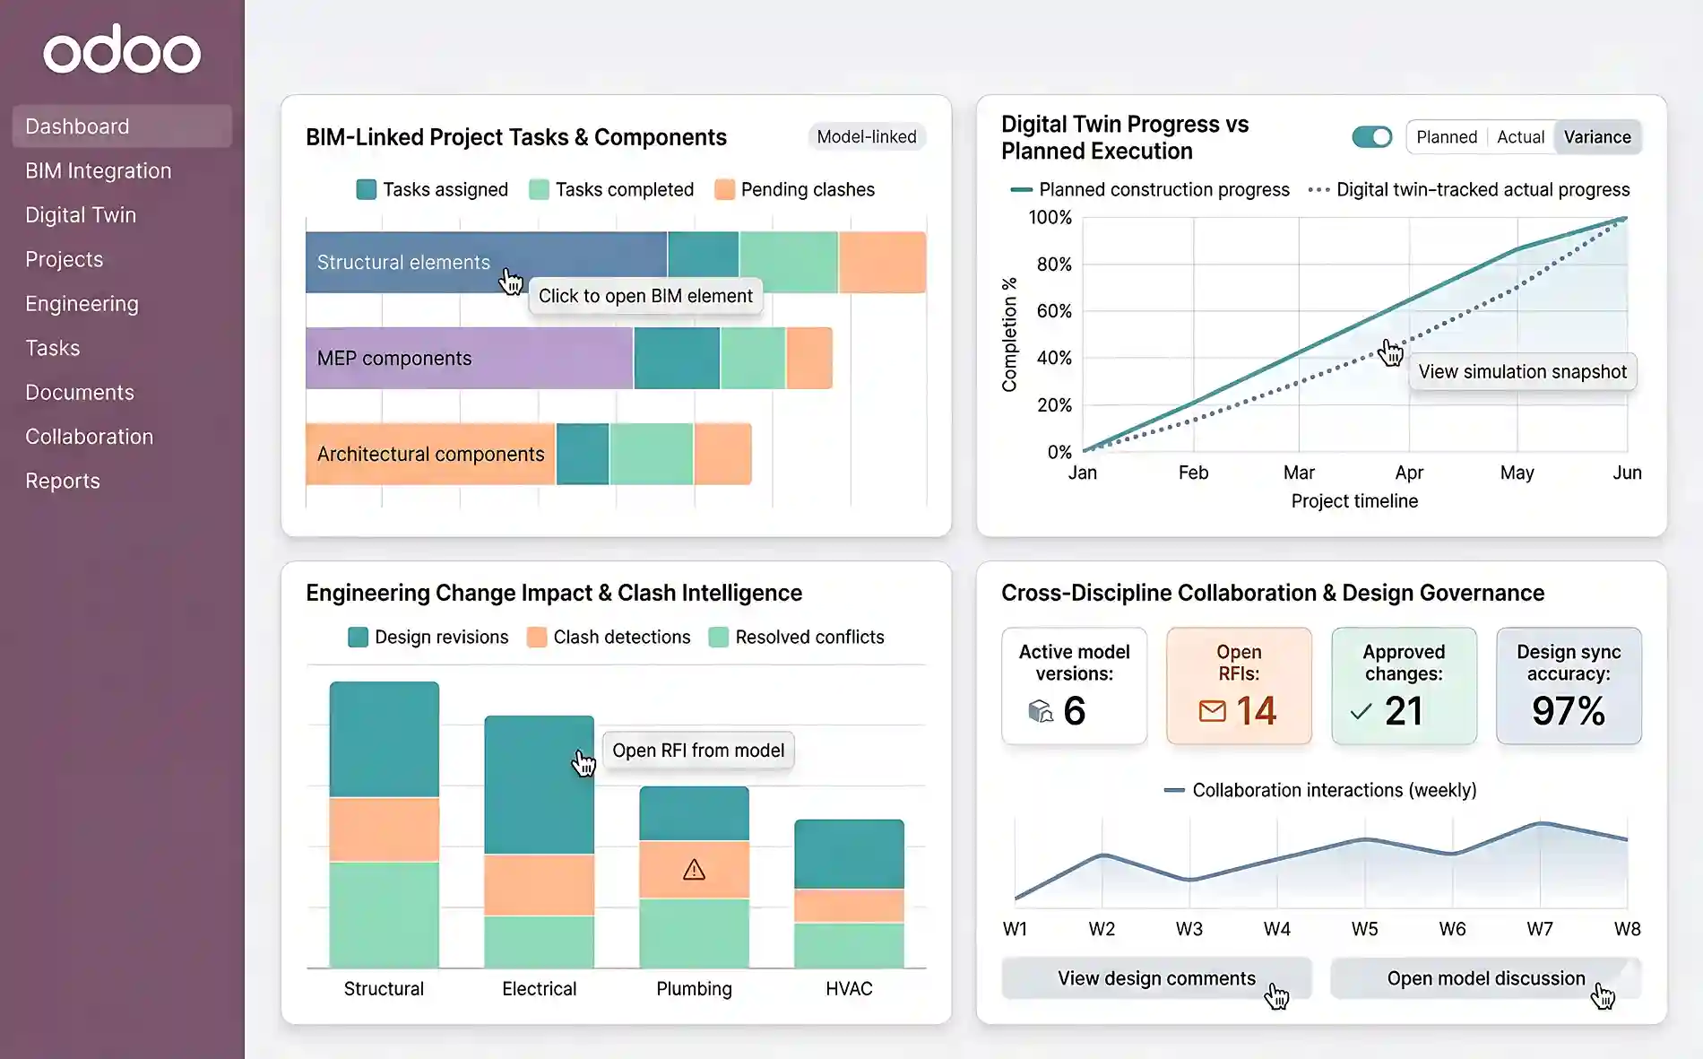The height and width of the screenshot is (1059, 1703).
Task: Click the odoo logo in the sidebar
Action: (x=122, y=50)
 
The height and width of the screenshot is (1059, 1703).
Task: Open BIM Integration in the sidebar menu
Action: (x=98, y=170)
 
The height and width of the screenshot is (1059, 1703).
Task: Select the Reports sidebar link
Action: (x=62, y=481)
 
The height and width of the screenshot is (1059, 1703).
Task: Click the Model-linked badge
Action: (x=866, y=136)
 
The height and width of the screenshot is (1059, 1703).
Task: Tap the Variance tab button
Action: (x=1596, y=137)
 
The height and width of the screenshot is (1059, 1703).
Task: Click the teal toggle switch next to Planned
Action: (x=1371, y=137)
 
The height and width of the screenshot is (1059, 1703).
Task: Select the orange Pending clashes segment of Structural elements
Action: (x=882, y=262)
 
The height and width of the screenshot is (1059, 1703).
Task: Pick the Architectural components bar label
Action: (x=430, y=454)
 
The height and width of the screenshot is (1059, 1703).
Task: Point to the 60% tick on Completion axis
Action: (x=1053, y=311)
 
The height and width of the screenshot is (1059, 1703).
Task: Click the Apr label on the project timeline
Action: (x=1408, y=473)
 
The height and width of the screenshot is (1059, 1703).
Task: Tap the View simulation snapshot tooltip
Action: (x=1521, y=371)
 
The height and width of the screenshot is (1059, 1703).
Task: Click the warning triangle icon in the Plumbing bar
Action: (x=694, y=870)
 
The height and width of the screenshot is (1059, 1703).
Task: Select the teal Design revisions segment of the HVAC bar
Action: (x=849, y=854)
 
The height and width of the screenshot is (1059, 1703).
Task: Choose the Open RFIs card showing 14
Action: (x=1238, y=686)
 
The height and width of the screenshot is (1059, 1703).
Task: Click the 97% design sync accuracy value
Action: (x=1568, y=711)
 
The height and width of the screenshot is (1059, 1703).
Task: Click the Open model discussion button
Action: (x=1485, y=978)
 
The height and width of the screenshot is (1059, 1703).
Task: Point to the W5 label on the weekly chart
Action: (x=1364, y=929)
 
